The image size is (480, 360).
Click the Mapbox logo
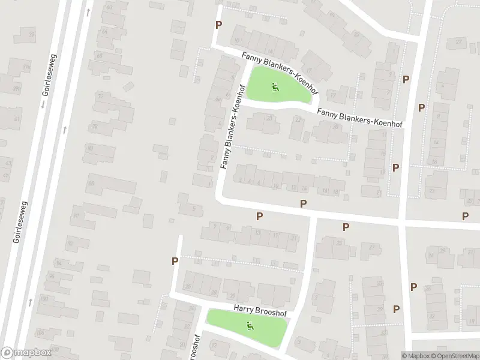tap(25, 353)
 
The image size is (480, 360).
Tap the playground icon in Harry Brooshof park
tap(250, 326)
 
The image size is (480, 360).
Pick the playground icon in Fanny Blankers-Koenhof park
tap(275, 87)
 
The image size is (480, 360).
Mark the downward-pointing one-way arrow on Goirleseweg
tap(43, 104)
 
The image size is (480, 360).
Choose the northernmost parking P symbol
tap(218, 25)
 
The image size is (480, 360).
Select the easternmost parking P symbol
tap(465, 215)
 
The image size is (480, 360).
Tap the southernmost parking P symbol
tap(396, 309)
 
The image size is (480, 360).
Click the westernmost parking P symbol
tap(175, 261)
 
